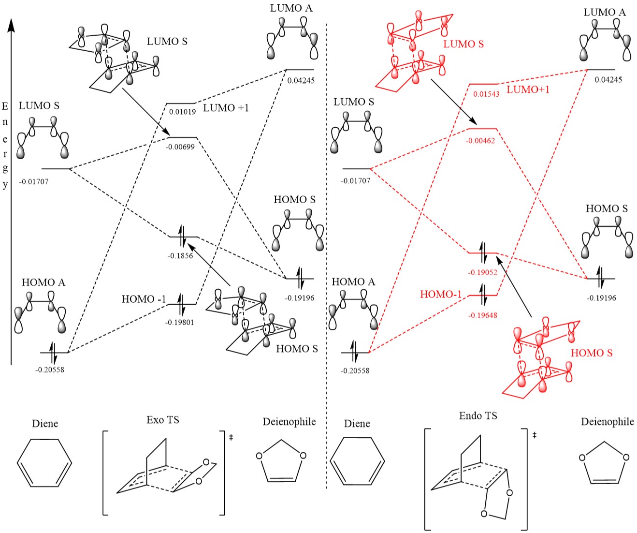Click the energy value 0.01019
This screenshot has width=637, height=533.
coord(182,112)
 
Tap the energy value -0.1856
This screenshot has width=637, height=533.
coord(180,256)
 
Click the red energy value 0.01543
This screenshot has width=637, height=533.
coord(486,94)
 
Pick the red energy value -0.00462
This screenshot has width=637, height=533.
coord(480,141)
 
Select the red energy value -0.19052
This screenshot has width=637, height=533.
coord(482,273)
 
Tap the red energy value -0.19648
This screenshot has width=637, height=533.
coord(482,315)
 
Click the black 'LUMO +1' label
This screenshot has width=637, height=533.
coord(226,108)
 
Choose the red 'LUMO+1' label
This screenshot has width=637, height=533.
coord(528,89)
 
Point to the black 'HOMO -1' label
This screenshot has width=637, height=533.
coord(144,299)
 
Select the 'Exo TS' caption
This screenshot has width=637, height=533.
coord(163,420)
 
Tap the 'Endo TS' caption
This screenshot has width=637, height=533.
coord(478,416)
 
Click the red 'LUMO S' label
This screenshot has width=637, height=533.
coord(463,44)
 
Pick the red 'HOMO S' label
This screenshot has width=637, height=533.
coord(591,353)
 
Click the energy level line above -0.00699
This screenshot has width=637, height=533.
coord(182,137)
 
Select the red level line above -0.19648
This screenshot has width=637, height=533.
coord(483,295)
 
